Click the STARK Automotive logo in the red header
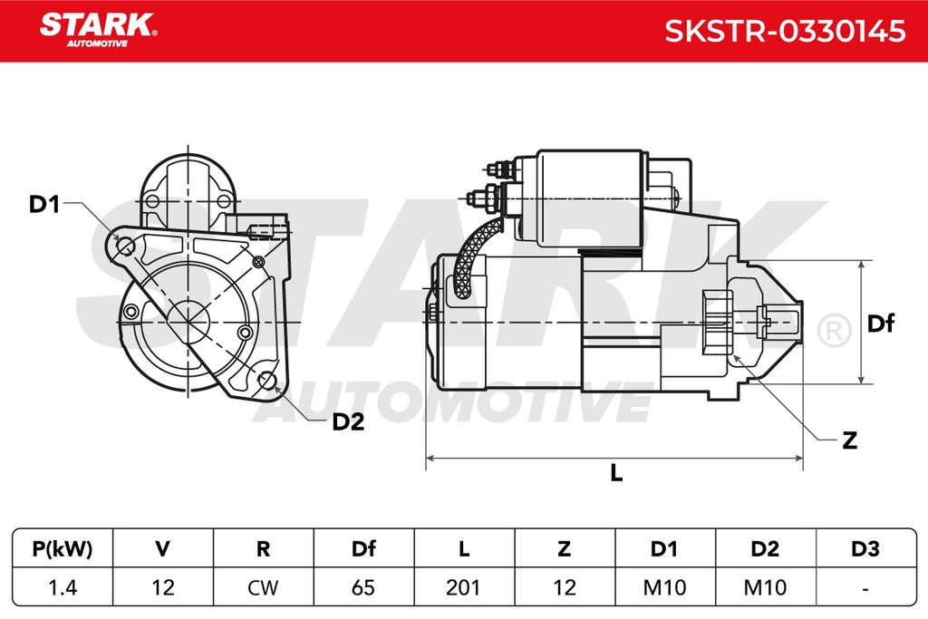tap(98, 30)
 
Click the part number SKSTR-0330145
tap(785, 31)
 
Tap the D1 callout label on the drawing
tap(44, 204)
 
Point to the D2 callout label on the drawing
tap(348, 422)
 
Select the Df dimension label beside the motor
tap(880, 324)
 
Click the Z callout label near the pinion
tap(849, 440)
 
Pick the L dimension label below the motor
tap(616, 473)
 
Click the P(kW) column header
tap(63, 549)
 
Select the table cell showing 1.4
tap(63, 587)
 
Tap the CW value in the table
tap(263, 587)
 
